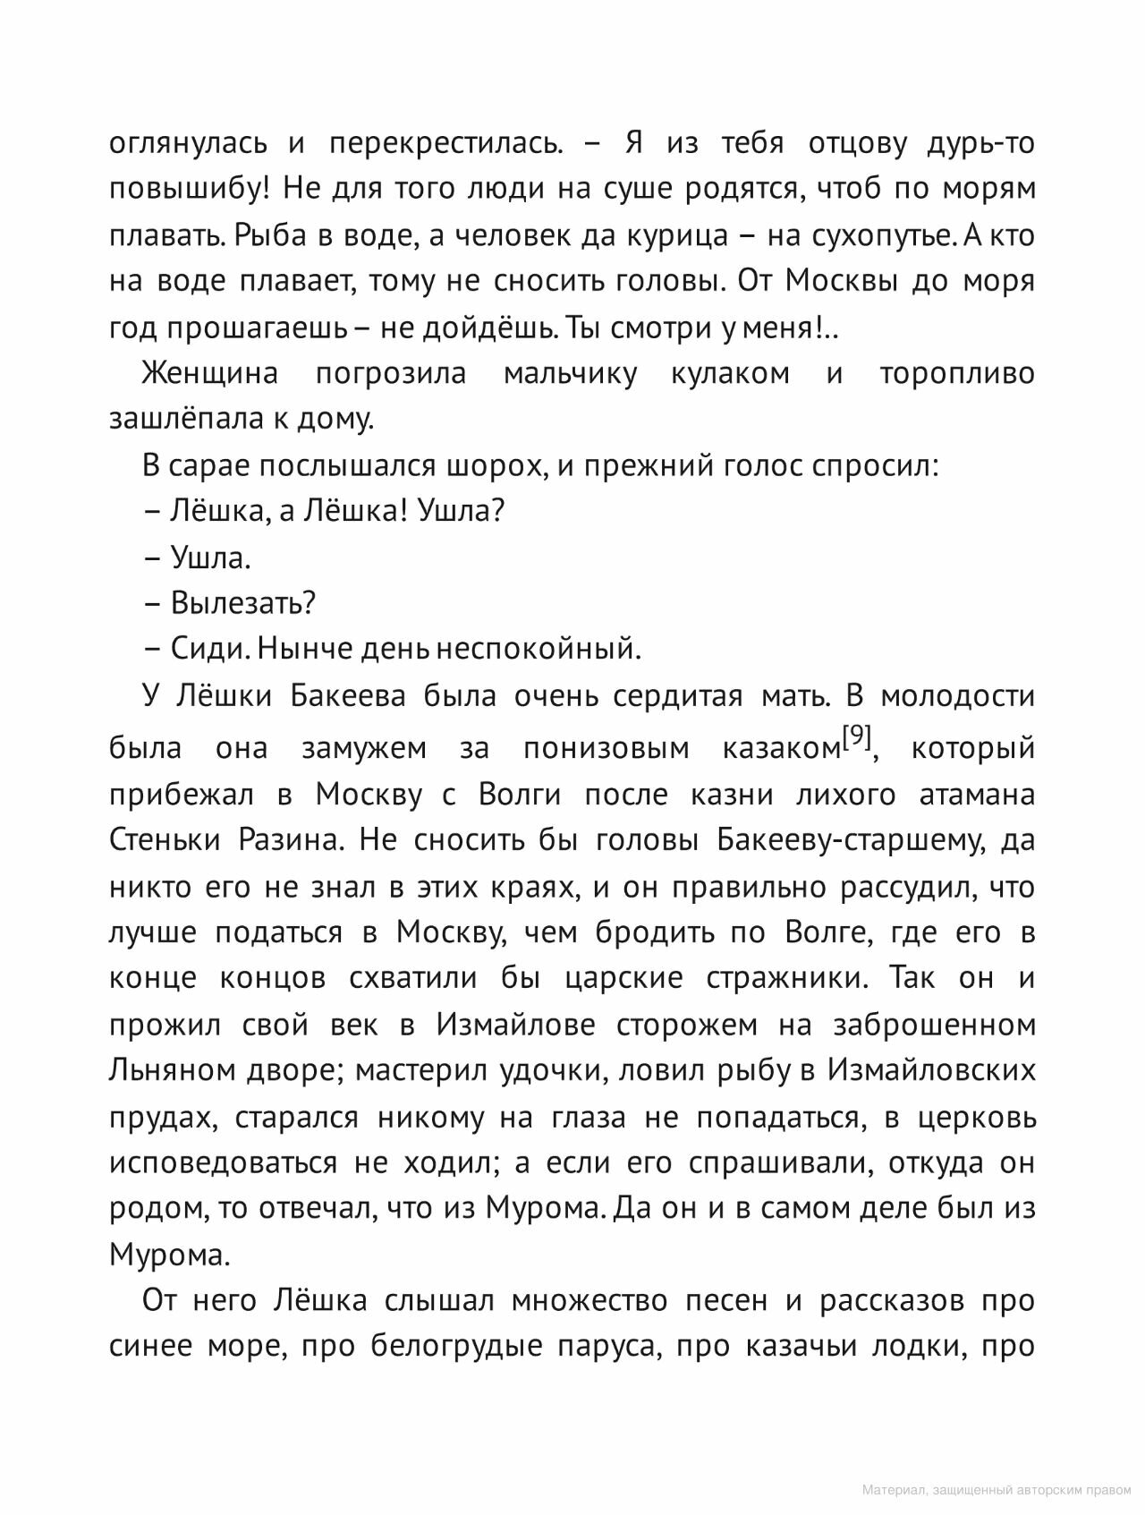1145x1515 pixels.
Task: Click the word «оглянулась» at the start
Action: (x=187, y=143)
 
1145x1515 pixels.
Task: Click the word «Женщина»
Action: (x=209, y=373)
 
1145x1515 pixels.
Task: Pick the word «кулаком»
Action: (x=730, y=373)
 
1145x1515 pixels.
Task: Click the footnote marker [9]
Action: (x=856, y=737)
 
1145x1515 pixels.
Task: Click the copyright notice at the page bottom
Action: (x=997, y=1490)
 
